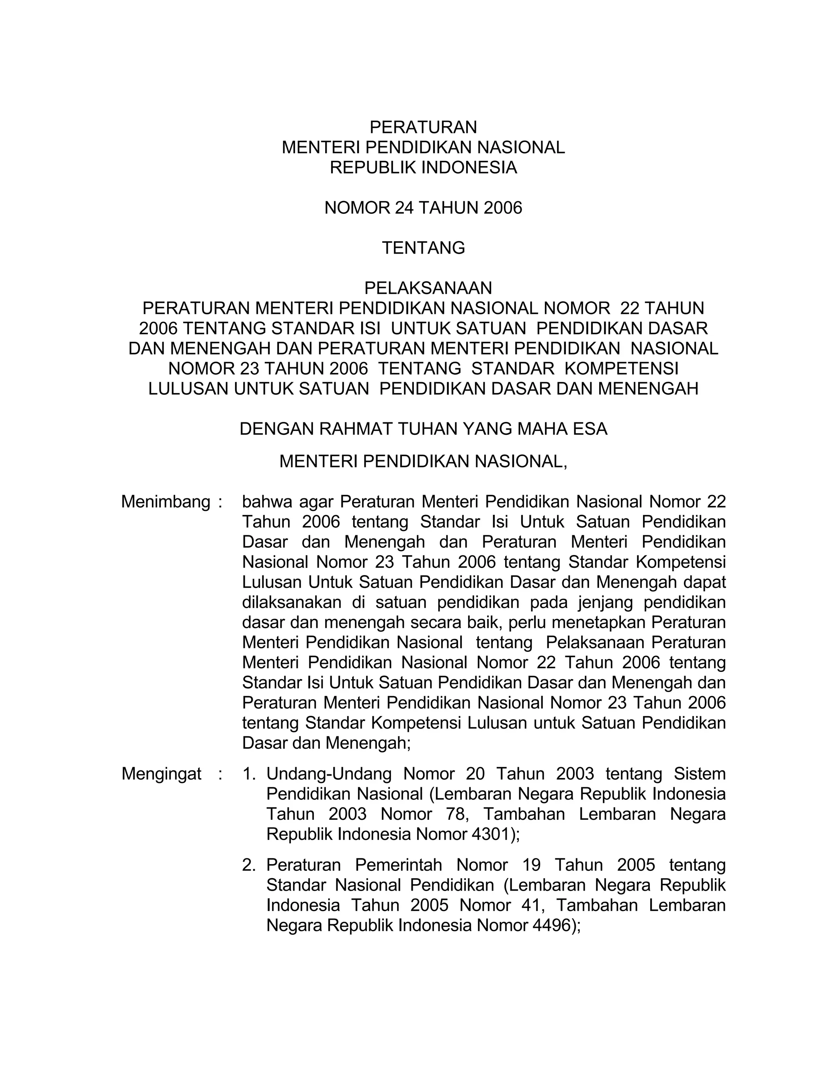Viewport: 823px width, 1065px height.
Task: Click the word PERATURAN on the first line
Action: pyautogui.click(x=423, y=127)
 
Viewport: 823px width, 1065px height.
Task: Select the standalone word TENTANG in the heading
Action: pyautogui.click(x=423, y=248)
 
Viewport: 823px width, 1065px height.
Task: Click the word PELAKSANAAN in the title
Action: pyautogui.click(x=428, y=288)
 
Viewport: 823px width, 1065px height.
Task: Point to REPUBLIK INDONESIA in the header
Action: pyautogui.click(x=423, y=168)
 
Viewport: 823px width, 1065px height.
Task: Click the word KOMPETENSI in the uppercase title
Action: pyautogui.click(x=621, y=369)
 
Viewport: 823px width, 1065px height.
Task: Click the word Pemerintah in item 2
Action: pyautogui.click(x=398, y=865)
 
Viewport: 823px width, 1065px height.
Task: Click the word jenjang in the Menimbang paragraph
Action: pyautogui.click(x=604, y=603)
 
